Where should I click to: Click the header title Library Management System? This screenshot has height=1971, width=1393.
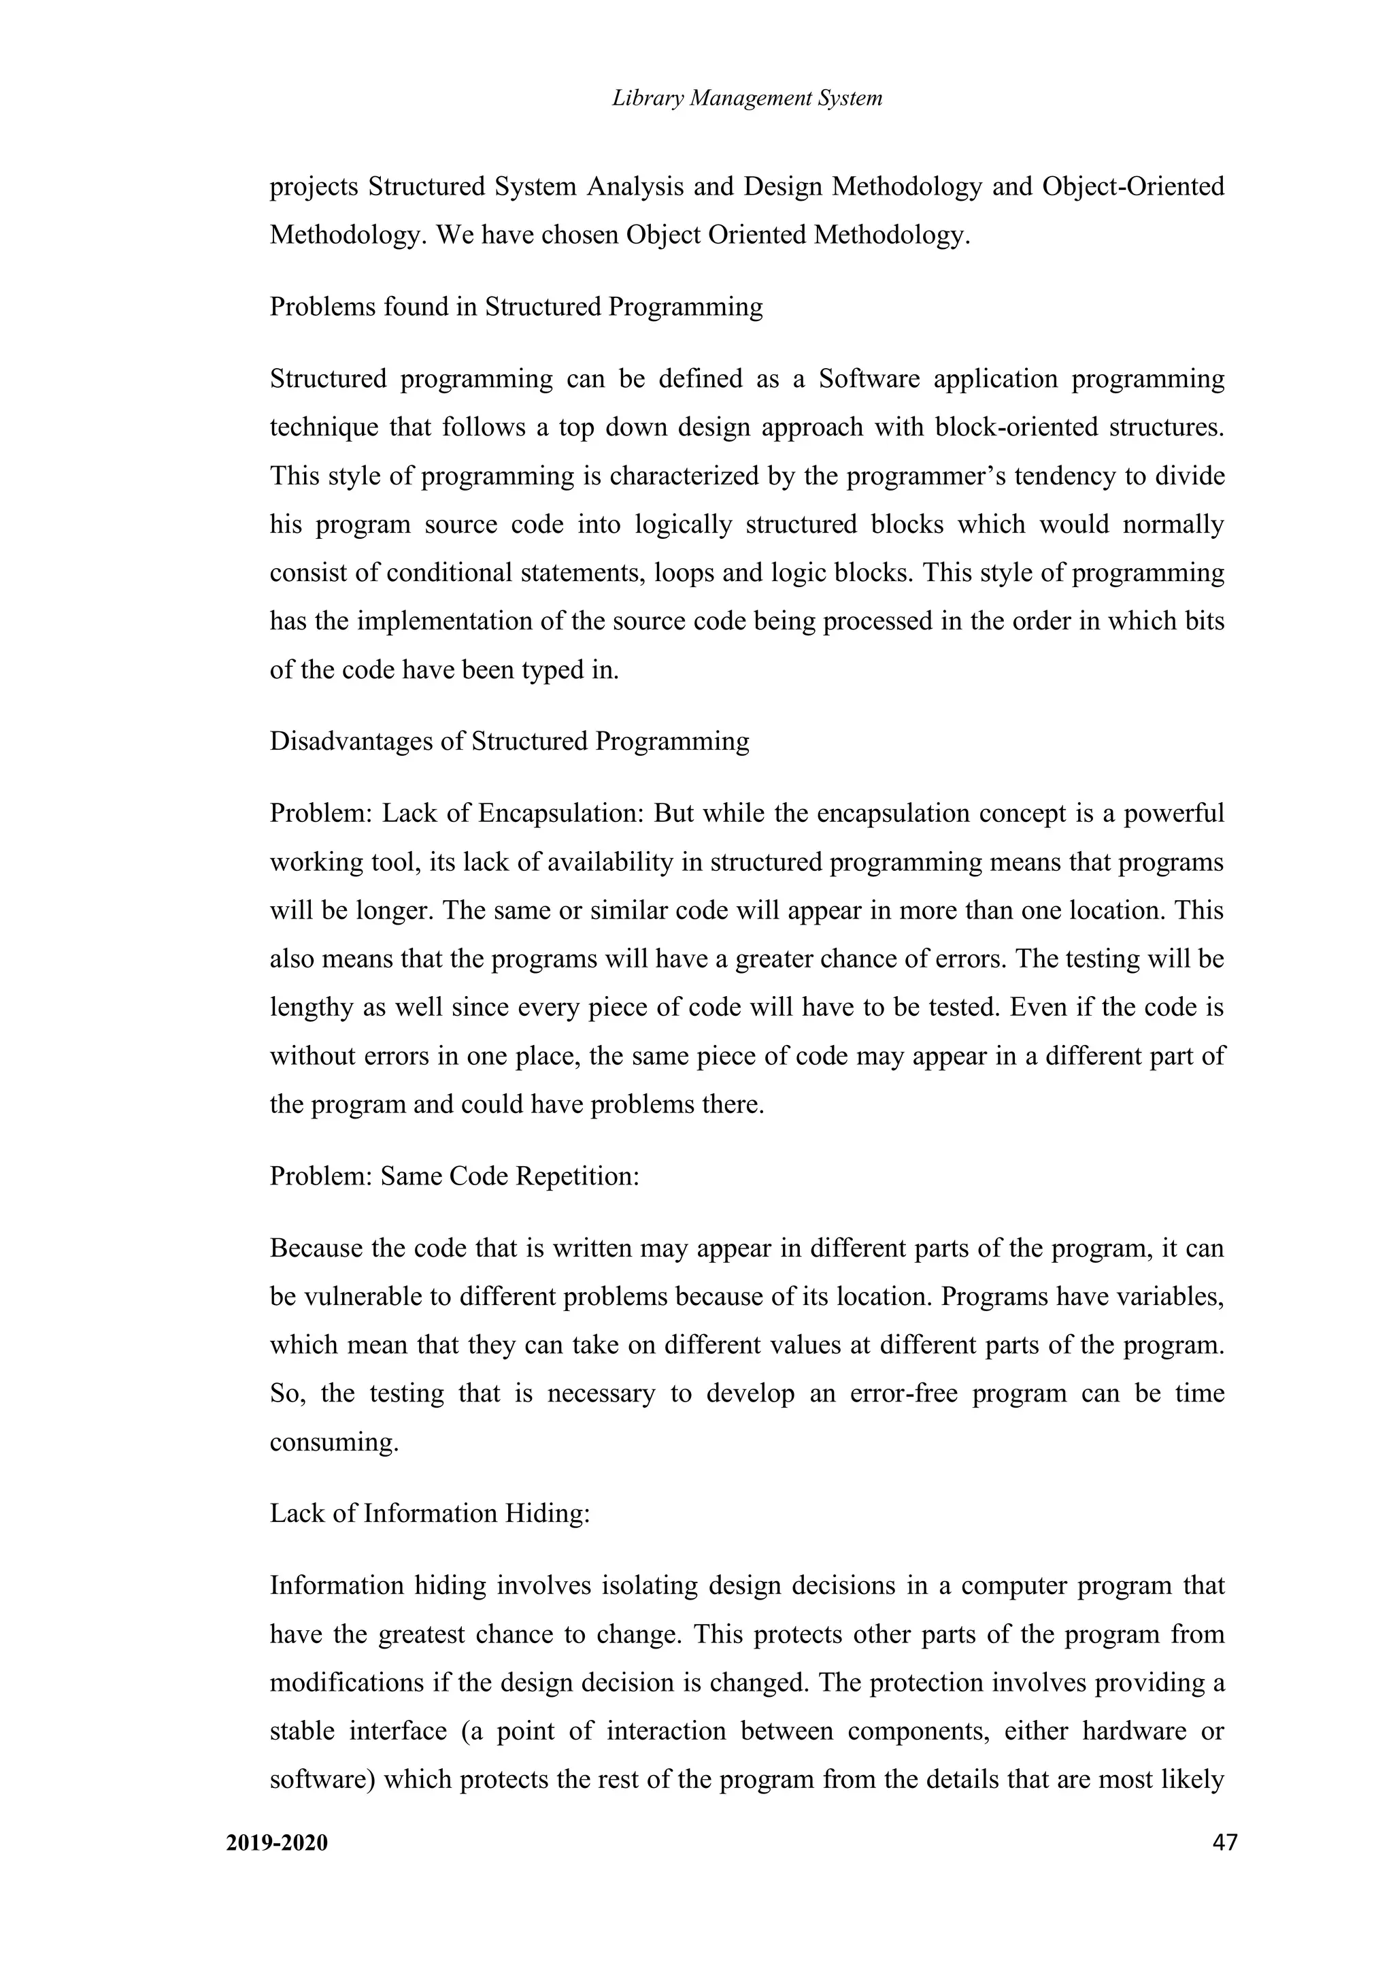(747, 99)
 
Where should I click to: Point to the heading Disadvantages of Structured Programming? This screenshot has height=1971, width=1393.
(509, 741)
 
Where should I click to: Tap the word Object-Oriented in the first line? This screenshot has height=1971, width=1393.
(1133, 186)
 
